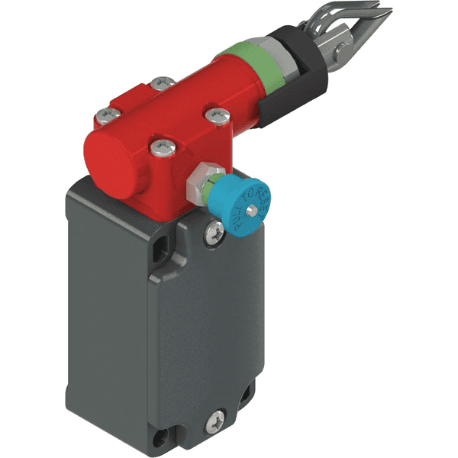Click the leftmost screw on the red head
coord(105,117)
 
